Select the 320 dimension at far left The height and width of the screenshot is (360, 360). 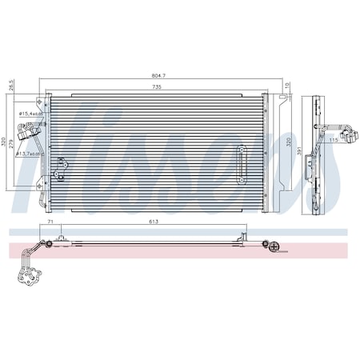pyautogui.click(x=5, y=142)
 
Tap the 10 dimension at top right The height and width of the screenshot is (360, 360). pyautogui.click(x=288, y=85)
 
